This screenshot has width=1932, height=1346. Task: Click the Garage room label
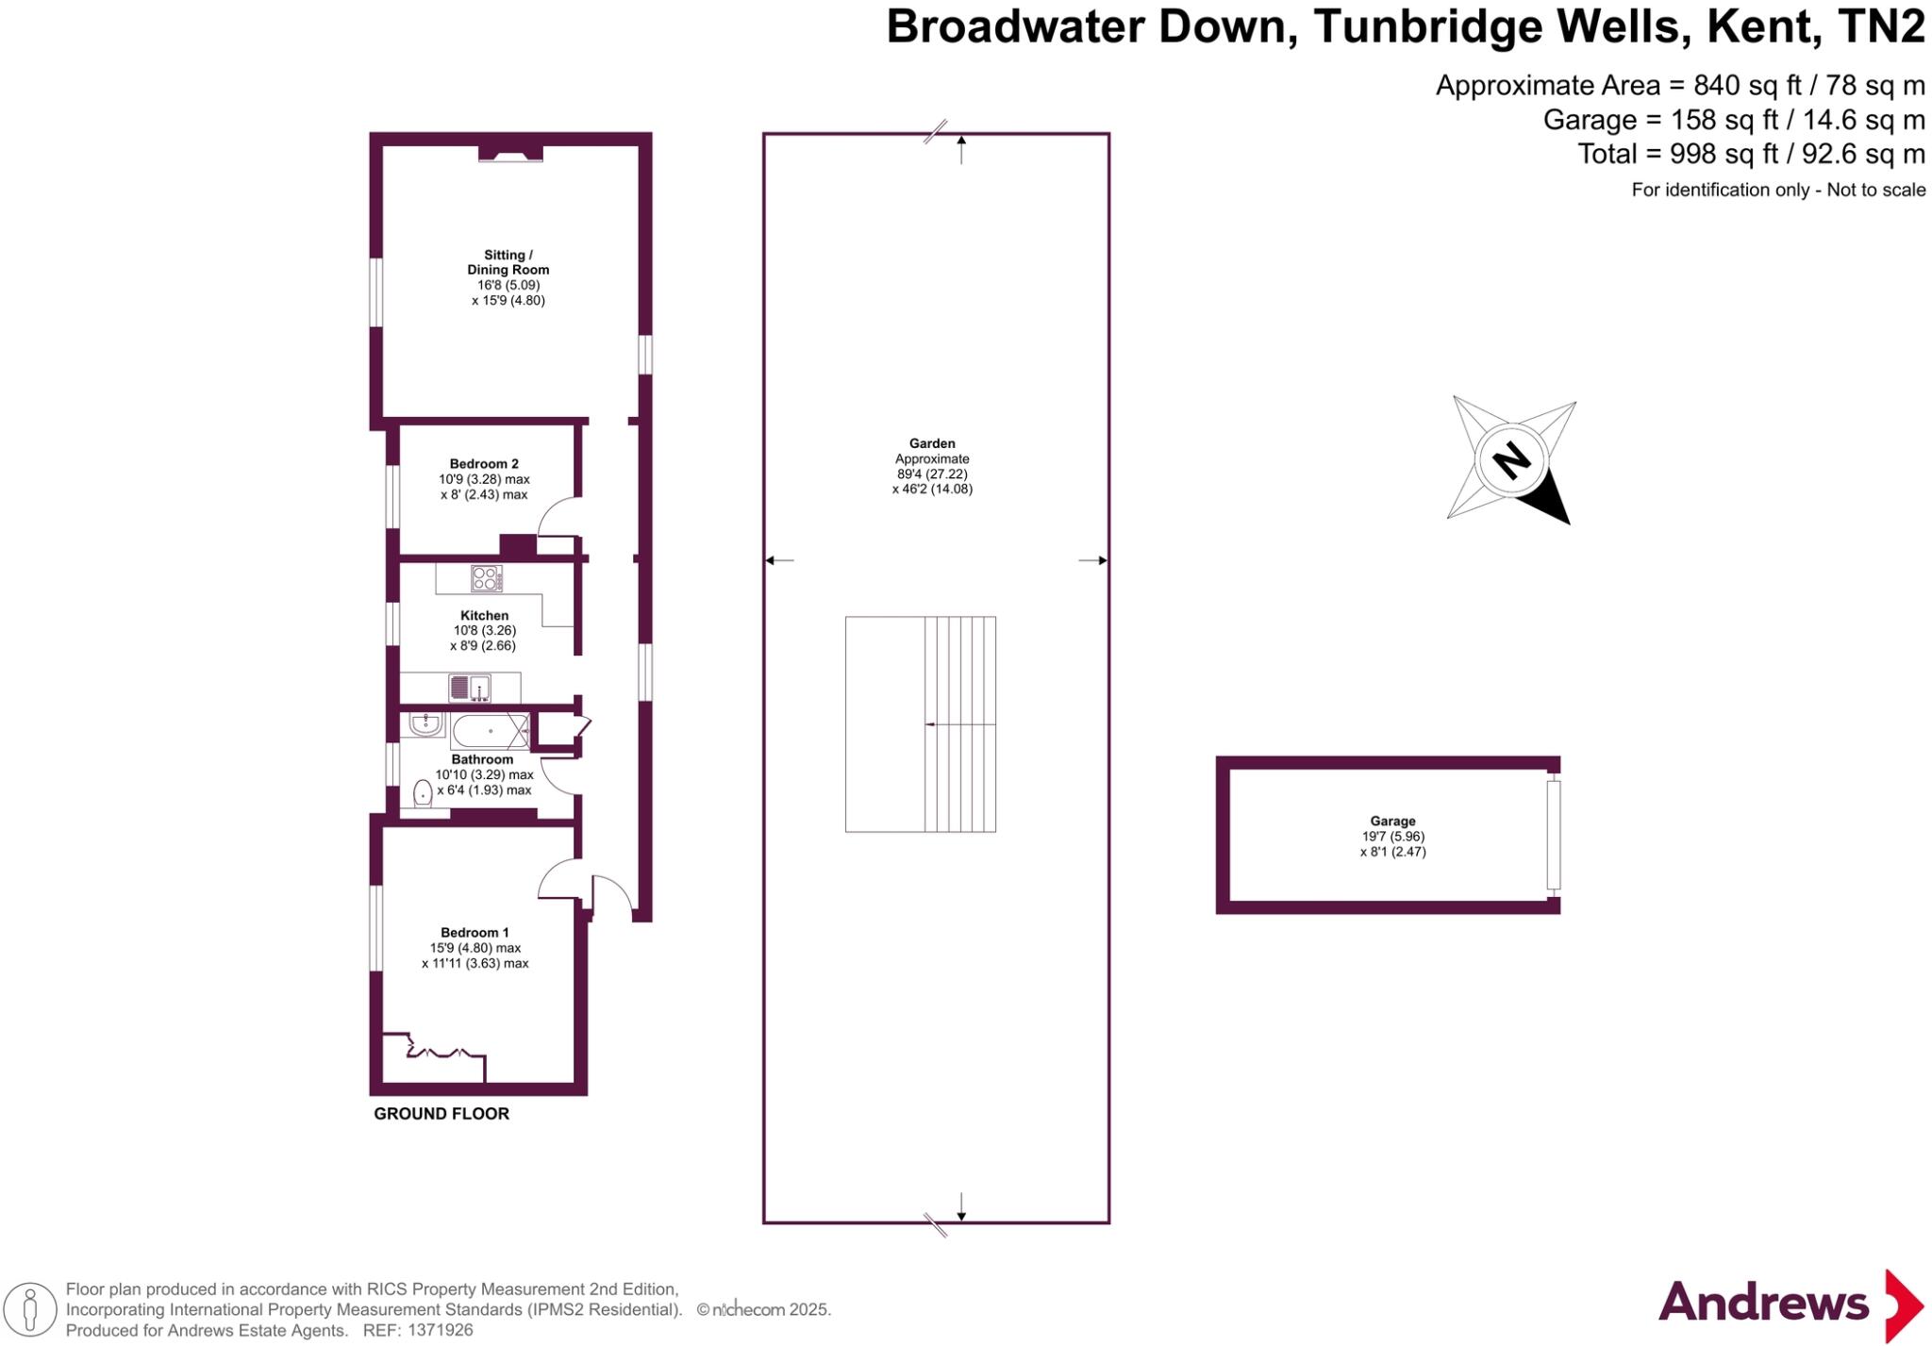click(1392, 822)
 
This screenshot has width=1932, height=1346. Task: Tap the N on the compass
click(1511, 460)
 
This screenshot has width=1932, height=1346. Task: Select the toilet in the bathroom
click(424, 794)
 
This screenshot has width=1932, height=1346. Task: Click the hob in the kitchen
click(487, 578)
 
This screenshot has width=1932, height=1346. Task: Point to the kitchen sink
click(470, 689)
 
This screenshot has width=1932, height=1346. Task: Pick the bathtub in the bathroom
click(490, 731)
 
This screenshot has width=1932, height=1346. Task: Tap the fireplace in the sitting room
click(510, 153)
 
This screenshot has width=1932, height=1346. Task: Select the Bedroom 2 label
click(484, 464)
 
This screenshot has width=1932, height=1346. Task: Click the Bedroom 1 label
click(475, 933)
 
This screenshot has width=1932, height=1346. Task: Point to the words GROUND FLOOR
click(441, 1114)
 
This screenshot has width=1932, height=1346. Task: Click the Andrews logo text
click(1763, 1304)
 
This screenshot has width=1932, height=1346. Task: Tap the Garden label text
click(932, 443)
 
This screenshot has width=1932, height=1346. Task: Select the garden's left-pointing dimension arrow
click(778, 560)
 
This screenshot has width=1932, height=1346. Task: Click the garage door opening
click(1553, 835)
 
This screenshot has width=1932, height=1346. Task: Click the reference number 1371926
click(440, 1330)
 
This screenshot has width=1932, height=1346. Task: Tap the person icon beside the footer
click(31, 1310)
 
